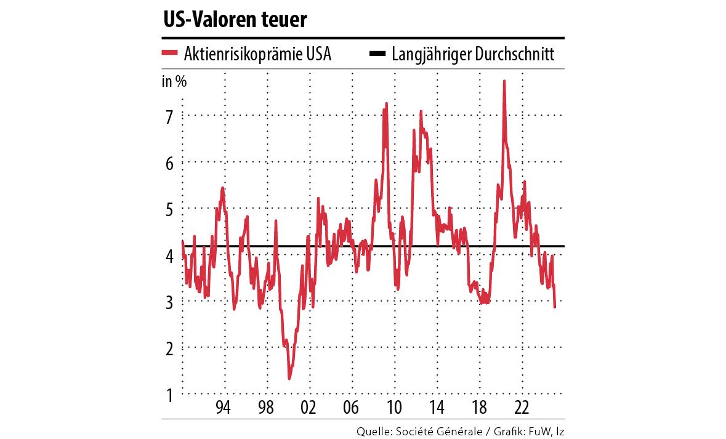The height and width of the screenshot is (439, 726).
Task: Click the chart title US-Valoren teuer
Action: pyautogui.click(x=235, y=20)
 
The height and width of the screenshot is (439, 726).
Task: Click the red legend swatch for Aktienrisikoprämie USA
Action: pyautogui.click(x=169, y=54)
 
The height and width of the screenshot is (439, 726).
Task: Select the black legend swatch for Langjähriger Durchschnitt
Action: pyautogui.click(x=377, y=54)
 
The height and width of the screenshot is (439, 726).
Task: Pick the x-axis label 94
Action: pyautogui.click(x=224, y=408)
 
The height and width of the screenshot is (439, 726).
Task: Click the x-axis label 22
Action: pyautogui.click(x=522, y=408)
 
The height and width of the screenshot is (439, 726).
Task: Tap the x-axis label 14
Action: pyautogui.click(x=437, y=408)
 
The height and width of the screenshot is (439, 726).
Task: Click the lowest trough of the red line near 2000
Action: pyautogui.click(x=289, y=378)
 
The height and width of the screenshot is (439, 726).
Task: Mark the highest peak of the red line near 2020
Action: pyautogui.click(x=504, y=82)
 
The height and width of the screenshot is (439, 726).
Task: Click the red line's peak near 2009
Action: pyautogui.click(x=386, y=104)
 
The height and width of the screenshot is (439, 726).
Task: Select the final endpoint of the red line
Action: pyautogui.click(x=555, y=306)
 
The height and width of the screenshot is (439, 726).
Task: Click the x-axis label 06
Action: pyautogui.click(x=352, y=408)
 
